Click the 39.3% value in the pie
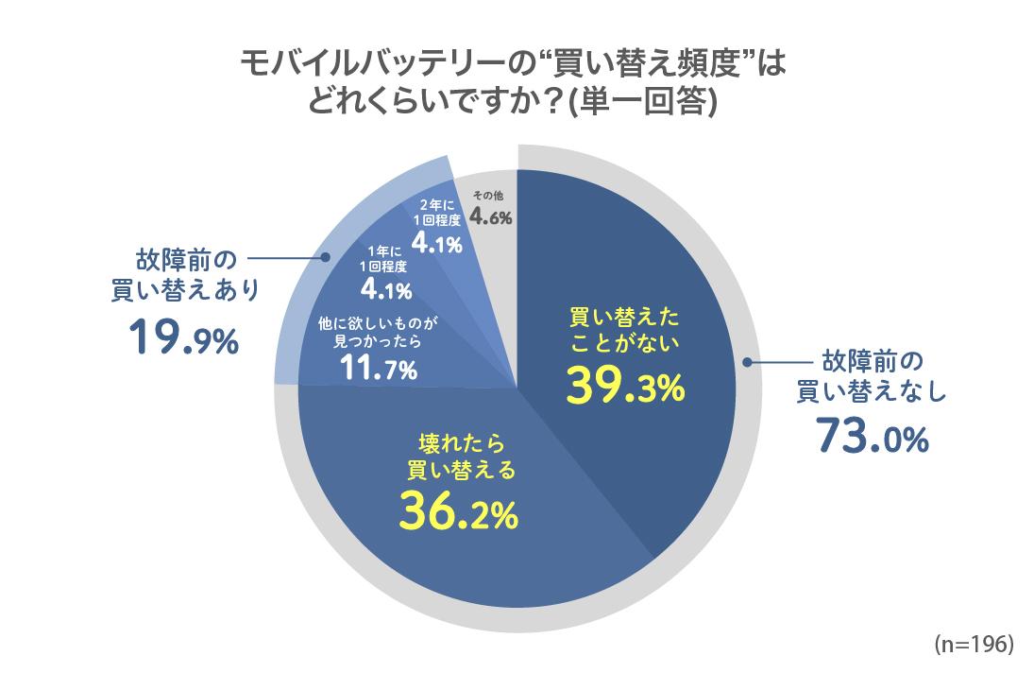[x=625, y=384]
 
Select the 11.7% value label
[x=378, y=370]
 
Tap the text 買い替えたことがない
[x=624, y=328]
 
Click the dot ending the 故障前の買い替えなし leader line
[x=748, y=361]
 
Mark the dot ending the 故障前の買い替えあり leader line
[x=326, y=256]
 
